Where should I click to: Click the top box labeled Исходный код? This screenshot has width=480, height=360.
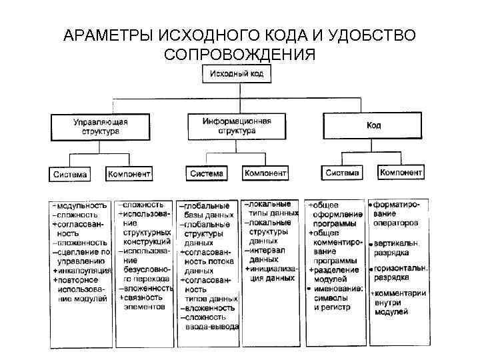[x=237, y=74]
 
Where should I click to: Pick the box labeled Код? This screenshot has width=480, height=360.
[x=372, y=125]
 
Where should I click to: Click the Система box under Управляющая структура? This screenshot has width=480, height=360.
[x=71, y=174]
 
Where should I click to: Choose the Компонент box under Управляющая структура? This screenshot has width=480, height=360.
[x=129, y=174]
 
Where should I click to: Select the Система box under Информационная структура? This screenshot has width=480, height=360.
[x=207, y=173]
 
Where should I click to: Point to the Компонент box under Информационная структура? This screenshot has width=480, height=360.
[x=265, y=173]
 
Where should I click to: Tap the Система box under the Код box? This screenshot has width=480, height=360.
[x=342, y=173]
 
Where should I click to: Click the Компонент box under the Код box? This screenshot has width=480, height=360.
[x=401, y=173]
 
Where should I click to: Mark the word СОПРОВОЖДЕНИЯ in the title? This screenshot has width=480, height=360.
[x=238, y=54]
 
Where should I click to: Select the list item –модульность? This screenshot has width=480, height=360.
[x=80, y=205]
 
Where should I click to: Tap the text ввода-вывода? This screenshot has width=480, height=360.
[x=213, y=327]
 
